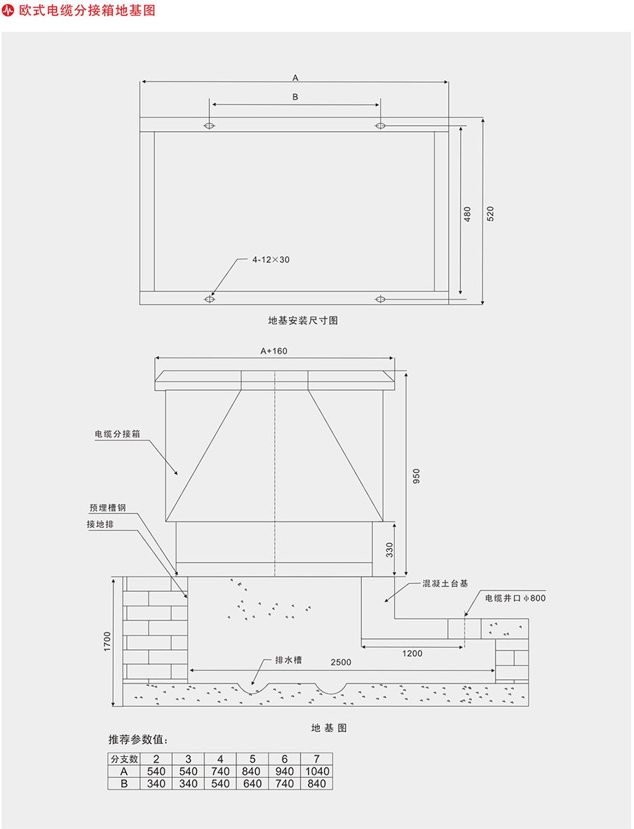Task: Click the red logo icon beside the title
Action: [9, 11]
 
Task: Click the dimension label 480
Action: [468, 213]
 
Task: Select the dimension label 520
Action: [490, 213]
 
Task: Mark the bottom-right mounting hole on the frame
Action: [380, 299]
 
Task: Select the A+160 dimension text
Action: [274, 351]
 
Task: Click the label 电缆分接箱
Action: [117, 434]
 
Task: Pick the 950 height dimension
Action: [416, 477]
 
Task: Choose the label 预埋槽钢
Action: [107, 508]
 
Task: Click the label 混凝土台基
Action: [445, 583]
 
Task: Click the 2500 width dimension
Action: [342, 662]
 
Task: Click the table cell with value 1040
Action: [316, 771]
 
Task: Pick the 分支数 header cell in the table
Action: [124, 760]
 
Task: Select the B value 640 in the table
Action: [252, 783]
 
